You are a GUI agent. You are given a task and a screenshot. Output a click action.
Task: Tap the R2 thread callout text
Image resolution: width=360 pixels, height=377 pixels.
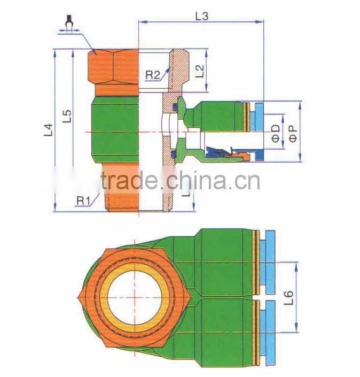[x=153, y=75]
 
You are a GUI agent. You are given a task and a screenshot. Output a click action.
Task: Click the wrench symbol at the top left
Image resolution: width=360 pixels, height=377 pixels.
[x=68, y=24]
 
